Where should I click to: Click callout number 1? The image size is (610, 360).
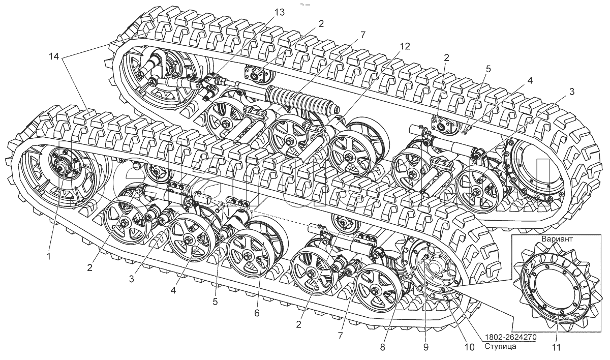point(49,256)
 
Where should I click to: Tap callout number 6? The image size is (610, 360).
point(257,313)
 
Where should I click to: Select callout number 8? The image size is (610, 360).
point(383,347)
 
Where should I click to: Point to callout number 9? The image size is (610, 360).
point(426,347)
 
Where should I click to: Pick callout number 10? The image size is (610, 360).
point(469,347)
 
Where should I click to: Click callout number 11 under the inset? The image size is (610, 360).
point(556,348)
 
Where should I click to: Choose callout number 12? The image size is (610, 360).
point(405,46)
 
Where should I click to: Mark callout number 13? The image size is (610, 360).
point(279,12)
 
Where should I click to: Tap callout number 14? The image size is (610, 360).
point(54,56)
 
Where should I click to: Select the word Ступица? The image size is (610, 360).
point(500,347)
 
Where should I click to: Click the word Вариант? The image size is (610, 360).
point(557,239)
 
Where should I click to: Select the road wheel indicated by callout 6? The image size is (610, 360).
point(249,253)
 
